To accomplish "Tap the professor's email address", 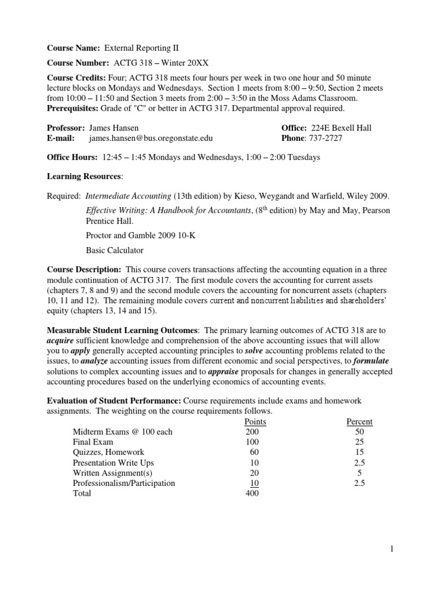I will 146,138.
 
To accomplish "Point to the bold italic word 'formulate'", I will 370,361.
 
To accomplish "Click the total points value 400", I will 252,494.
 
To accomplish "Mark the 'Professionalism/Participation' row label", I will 123,484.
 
